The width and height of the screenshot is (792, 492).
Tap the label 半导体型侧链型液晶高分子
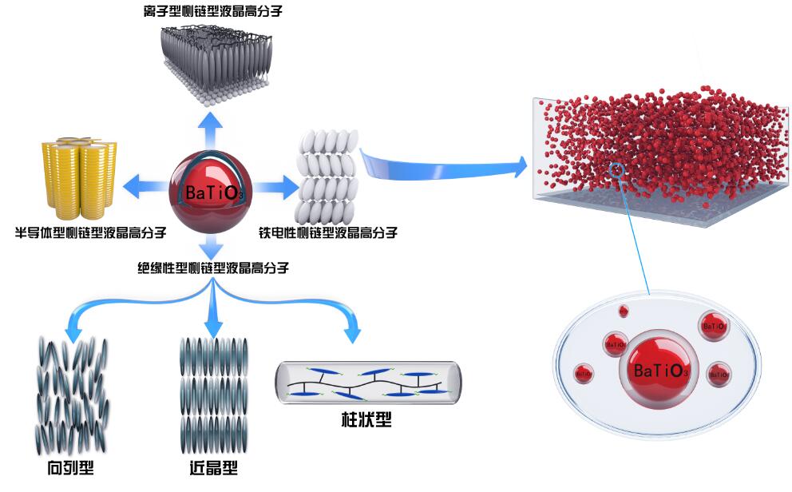[91, 232]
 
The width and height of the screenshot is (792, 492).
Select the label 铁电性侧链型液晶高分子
[328, 233]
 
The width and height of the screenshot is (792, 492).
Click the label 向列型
[70, 467]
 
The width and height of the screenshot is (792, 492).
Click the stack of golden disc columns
[78, 180]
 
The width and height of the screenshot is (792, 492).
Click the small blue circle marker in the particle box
[616, 169]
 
